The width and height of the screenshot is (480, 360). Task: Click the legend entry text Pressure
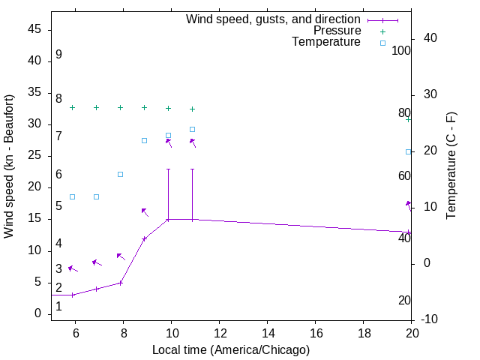(x=337, y=31)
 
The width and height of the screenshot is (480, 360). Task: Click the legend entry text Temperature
(x=326, y=42)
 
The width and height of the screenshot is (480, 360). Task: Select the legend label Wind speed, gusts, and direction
(x=274, y=19)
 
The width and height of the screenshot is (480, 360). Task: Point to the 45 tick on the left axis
(x=34, y=29)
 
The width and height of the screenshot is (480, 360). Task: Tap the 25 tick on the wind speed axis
(x=34, y=156)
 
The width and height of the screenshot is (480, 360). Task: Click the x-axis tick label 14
(x=268, y=334)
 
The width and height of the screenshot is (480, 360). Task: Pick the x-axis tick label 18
(x=364, y=334)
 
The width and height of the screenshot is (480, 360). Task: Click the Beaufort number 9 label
(x=58, y=55)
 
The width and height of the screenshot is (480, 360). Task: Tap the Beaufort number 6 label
(x=58, y=175)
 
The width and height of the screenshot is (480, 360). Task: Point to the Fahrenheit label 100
(x=402, y=51)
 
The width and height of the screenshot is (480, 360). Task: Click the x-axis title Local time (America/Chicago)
(x=231, y=349)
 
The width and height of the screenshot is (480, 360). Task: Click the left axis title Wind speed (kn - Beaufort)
(x=9, y=166)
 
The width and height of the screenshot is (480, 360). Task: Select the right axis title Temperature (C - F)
(x=451, y=166)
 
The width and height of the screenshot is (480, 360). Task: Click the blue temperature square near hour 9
(x=145, y=140)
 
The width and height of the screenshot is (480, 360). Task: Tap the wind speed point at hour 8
(x=121, y=283)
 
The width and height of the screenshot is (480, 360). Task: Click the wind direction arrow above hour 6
(x=72, y=268)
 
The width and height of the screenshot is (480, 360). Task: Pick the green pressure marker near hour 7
(x=97, y=107)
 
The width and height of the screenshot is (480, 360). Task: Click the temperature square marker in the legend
(x=382, y=43)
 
